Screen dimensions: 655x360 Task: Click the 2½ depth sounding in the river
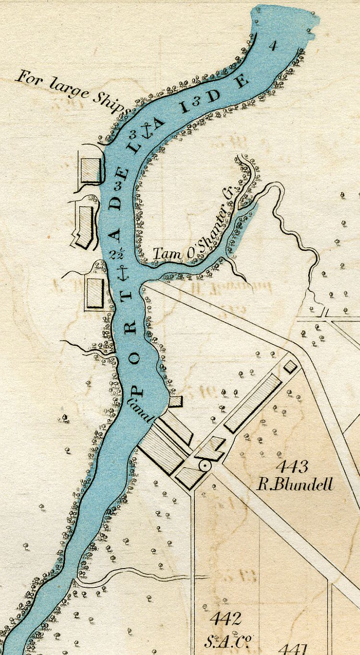[116, 254]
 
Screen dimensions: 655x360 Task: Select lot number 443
[291, 466]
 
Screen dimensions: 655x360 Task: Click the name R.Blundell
[295, 484]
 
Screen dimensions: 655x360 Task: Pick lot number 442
[225, 619]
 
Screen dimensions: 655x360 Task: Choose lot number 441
[293, 649]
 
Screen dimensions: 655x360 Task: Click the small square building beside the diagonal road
[290, 366]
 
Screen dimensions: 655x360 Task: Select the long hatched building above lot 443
[253, 403]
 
